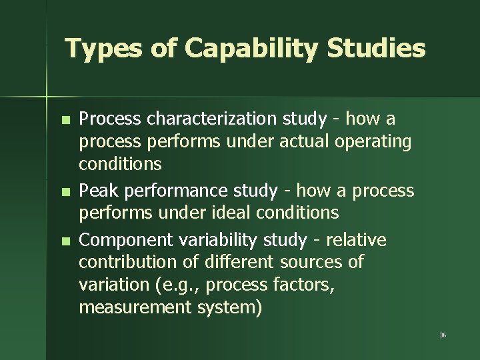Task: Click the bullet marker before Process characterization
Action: coord(64,121)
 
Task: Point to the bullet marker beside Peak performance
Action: coord(64,192)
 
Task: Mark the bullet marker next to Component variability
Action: coord(64,241)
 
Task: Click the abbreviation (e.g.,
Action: coord(177,285)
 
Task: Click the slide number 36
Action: coord(443,335)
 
